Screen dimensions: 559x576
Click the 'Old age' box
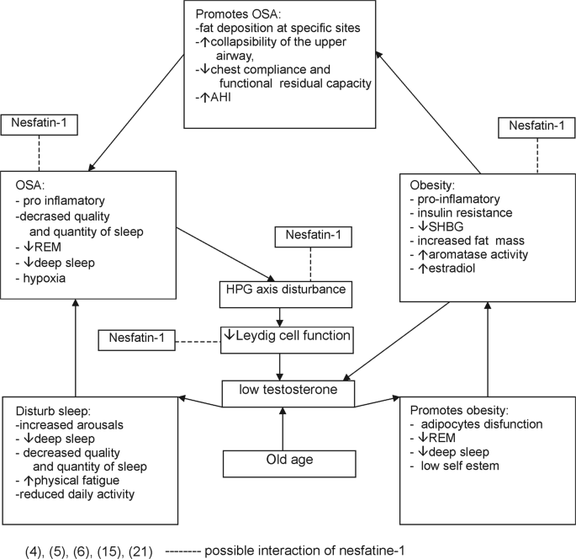click(x=282, y=462)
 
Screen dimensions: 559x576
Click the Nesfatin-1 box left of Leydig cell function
click(x=135, y=340)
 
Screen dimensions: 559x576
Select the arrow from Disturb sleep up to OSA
click(x=76, y=345)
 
